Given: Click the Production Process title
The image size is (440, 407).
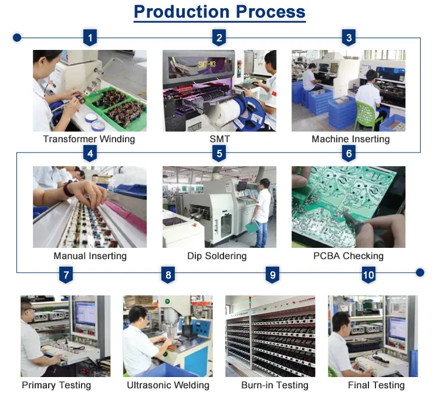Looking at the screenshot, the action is pos(219,12).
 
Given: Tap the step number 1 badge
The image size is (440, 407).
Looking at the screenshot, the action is pos(90,38).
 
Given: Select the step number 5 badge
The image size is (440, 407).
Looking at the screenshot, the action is pos(219,153).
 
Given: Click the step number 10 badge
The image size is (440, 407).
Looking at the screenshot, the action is pos(368,275).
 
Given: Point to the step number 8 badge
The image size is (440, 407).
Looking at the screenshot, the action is pos(168,275).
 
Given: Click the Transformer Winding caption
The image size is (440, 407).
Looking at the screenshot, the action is pos(89,139).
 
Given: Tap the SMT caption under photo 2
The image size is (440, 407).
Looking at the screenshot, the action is pos(220,139).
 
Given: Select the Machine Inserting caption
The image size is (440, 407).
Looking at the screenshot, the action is pos(350,139).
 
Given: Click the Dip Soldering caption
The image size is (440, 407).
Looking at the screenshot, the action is pos(217,256).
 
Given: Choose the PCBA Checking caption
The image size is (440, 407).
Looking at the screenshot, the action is pos(348,256).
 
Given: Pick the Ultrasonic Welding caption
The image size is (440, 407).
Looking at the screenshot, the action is pos(168,385).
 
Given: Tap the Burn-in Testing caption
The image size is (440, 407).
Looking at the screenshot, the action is pos(275,385).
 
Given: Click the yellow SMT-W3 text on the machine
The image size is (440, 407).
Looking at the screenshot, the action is pos(207,64).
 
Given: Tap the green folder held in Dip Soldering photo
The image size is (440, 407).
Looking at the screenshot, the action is pos(252,227).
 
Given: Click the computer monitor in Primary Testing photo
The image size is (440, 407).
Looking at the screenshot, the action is pos(85,314).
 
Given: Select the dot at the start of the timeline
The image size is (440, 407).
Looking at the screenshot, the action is pos(17,38).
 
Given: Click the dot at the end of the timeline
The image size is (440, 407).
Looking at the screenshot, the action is pos(420,273).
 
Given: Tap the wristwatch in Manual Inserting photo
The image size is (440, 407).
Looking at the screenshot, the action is pos(68,189).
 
